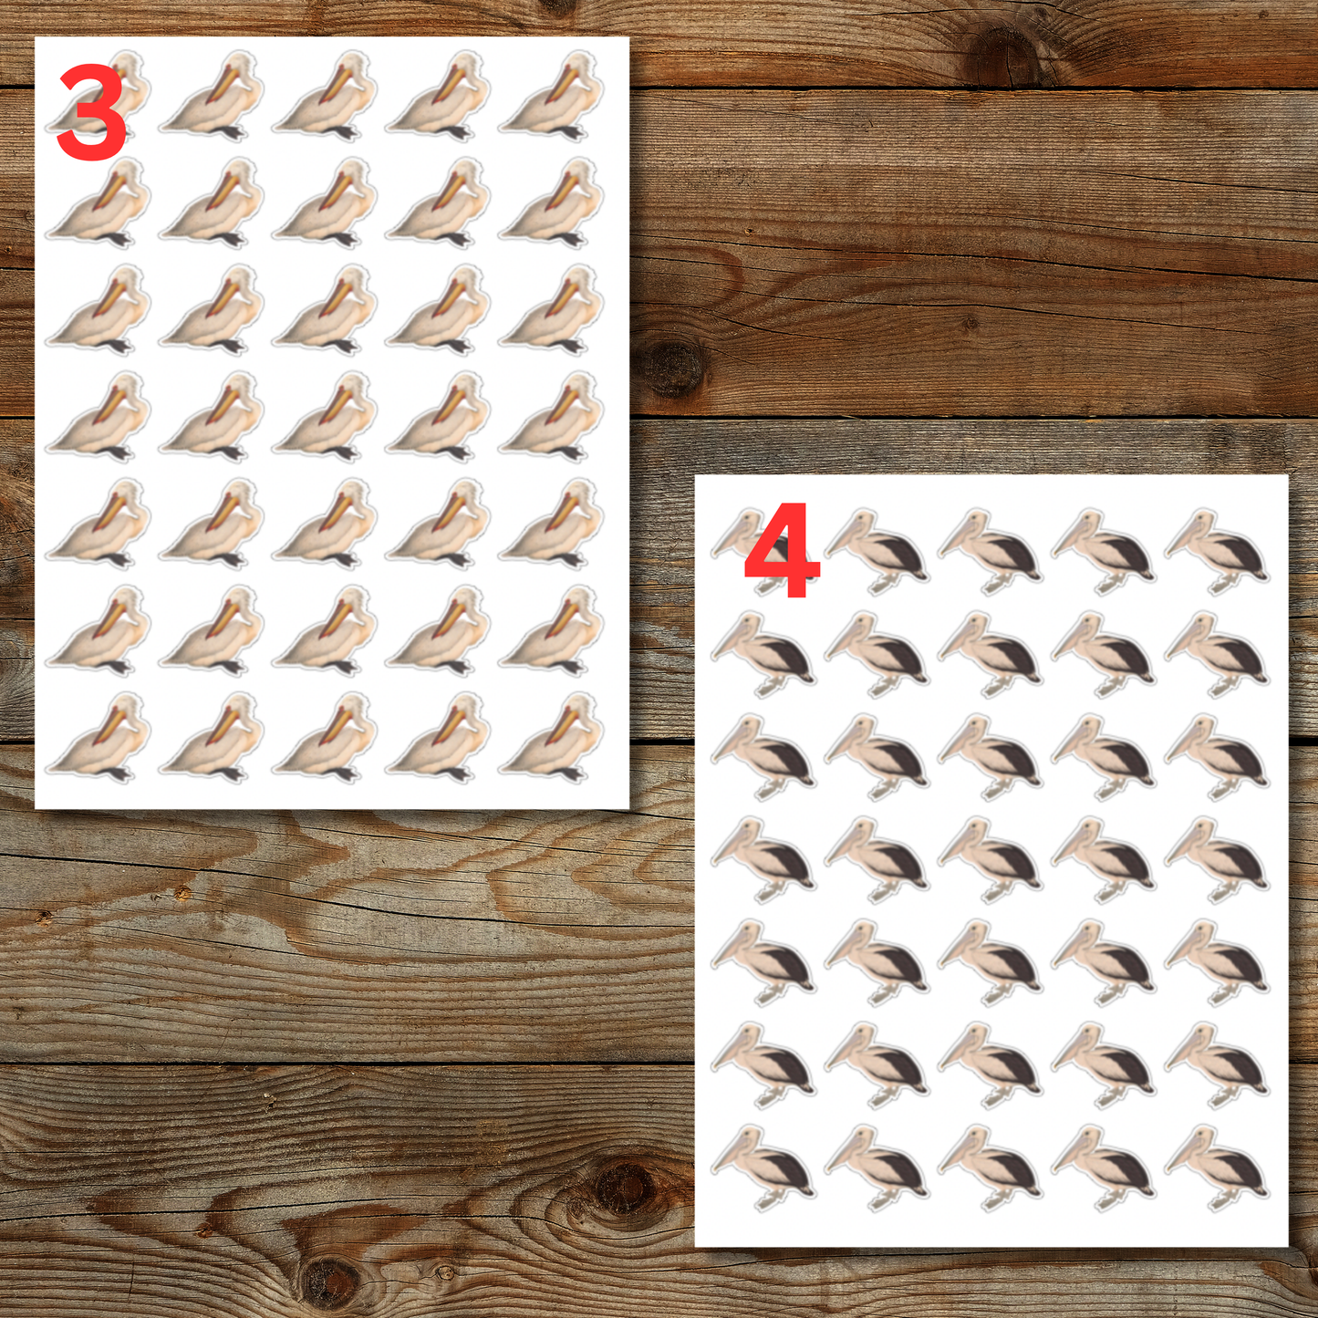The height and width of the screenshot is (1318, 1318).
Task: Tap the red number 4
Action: [x=782, y=551]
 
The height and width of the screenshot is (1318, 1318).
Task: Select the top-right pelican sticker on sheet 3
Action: [x=553, y=97]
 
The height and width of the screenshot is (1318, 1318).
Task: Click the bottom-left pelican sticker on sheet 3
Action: [x=99, y=737]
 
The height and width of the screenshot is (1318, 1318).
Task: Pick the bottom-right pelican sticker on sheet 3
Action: [x=553, y=737]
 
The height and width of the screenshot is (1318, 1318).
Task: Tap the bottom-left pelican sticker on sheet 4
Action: [x=763, y=1166]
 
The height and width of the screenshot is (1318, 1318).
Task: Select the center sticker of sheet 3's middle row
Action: [x=326, y=417]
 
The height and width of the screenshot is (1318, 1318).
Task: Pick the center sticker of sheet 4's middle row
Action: [x=990, y=857]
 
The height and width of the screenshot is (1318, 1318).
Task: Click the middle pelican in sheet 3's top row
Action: [x=326, y=97]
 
